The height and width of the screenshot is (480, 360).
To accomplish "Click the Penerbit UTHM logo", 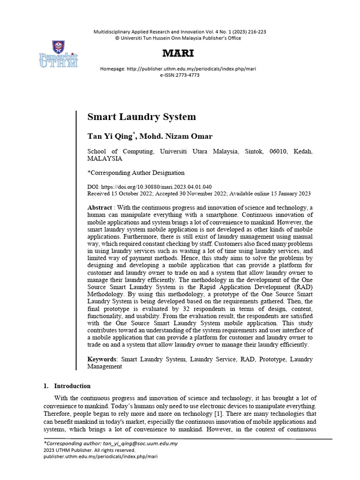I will [x=59, y=55].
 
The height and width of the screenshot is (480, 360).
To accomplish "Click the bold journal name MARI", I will [x=178, y=53].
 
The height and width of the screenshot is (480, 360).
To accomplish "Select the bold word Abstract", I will [x=100, y=207].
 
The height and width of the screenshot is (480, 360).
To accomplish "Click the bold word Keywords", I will [x=102, y=359].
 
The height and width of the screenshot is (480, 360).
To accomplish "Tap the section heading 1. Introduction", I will [x=67, y=386].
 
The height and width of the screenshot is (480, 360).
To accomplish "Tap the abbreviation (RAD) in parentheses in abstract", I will [x=300, y=286].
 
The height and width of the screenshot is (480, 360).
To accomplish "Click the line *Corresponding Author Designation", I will [x=136, y=172].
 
